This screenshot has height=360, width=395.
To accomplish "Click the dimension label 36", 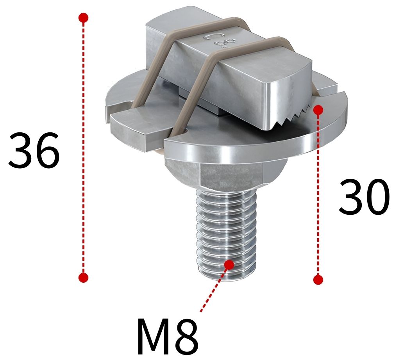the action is (34, 151).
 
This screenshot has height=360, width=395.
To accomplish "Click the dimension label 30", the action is (364, 197).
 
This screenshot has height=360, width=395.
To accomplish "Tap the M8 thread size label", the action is (168, 336).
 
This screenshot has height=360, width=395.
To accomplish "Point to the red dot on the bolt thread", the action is (229, 265).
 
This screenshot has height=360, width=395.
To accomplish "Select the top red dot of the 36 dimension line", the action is (83, 18).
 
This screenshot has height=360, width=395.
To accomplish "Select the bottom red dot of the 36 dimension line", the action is (83, 278).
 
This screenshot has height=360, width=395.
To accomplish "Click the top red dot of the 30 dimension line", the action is (318, 110).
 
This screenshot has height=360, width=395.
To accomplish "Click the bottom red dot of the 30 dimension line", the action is (318, 280).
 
